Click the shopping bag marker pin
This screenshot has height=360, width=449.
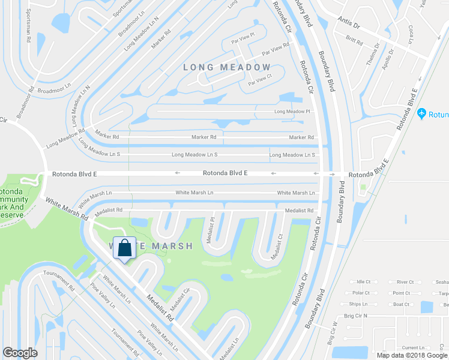124,248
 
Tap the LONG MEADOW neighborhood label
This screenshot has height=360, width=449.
227,67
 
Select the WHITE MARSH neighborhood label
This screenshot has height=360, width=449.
151,246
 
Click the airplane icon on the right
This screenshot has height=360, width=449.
422,113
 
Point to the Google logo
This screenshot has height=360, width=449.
20,353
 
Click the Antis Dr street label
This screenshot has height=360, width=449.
348,26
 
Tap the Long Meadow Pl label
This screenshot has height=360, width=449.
292,112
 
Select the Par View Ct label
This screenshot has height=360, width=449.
261,78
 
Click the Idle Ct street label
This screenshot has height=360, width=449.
364,281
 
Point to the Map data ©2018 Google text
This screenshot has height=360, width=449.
412,355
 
